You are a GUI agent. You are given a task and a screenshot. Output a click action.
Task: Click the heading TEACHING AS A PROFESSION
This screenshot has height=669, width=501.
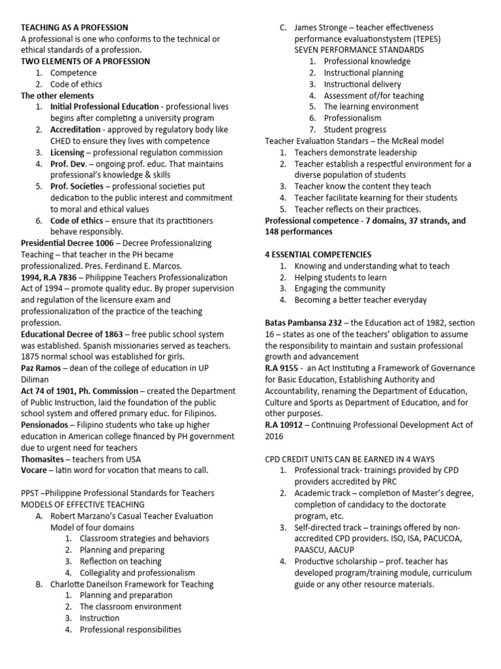[75, 27]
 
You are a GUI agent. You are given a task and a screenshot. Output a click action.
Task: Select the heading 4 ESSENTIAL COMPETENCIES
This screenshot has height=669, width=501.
[318, 254]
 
